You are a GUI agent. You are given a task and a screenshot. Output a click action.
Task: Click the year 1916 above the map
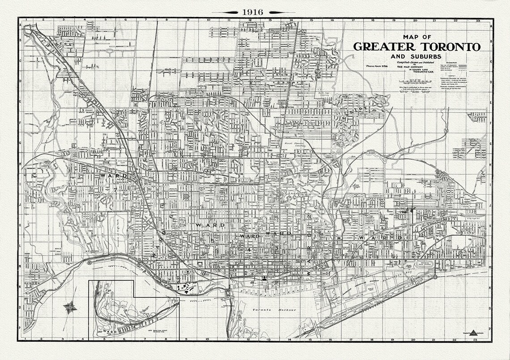[253, 12]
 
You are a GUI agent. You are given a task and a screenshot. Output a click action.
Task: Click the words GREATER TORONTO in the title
[416, 47]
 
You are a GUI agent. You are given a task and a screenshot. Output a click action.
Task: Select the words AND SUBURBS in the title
[416, 56]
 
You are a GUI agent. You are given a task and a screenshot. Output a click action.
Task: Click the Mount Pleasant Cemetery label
[300, 144]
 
